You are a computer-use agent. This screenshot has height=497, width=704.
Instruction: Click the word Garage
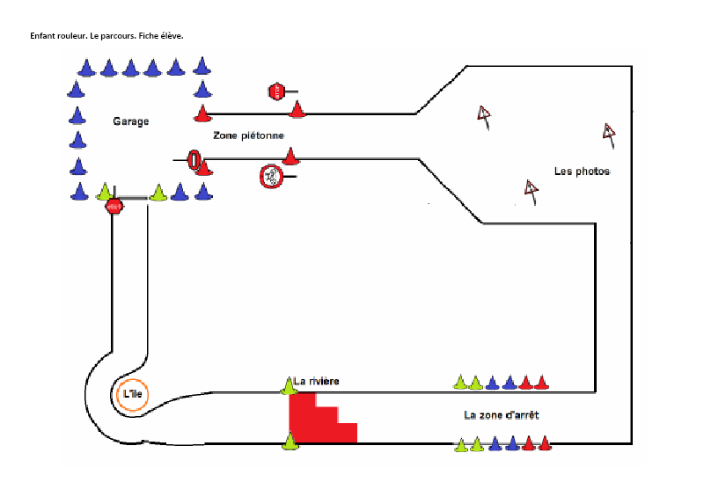point(130,121)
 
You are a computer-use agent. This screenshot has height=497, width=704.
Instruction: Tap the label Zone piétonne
point(248,135)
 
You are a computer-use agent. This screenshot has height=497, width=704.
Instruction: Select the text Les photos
point(582,171)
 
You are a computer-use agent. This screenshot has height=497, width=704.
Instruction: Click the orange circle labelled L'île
point(131,395)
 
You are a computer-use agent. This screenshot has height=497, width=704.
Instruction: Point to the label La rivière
point(317,381)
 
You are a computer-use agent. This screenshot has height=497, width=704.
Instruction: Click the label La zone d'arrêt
point(501,414)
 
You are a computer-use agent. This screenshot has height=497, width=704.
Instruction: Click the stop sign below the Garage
point(114,207)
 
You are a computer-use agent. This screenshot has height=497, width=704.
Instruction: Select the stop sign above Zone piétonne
point(276,91)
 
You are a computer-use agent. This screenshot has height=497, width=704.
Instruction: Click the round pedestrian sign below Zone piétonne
point(270,176)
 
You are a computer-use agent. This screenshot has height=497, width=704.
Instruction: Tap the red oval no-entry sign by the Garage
point(194,160)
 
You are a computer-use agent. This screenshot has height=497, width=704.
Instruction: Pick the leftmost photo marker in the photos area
point(483,114)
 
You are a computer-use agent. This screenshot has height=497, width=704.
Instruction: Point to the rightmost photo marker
point(609,133)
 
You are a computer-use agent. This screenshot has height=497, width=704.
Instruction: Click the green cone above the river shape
point(289,385)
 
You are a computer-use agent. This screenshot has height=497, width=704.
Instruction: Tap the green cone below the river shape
point(290,442)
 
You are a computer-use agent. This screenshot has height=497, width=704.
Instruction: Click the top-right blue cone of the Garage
point(202,66)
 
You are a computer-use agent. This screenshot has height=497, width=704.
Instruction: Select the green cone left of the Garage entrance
point(105,192)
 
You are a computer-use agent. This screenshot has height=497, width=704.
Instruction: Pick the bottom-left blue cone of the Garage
point(79,192)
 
